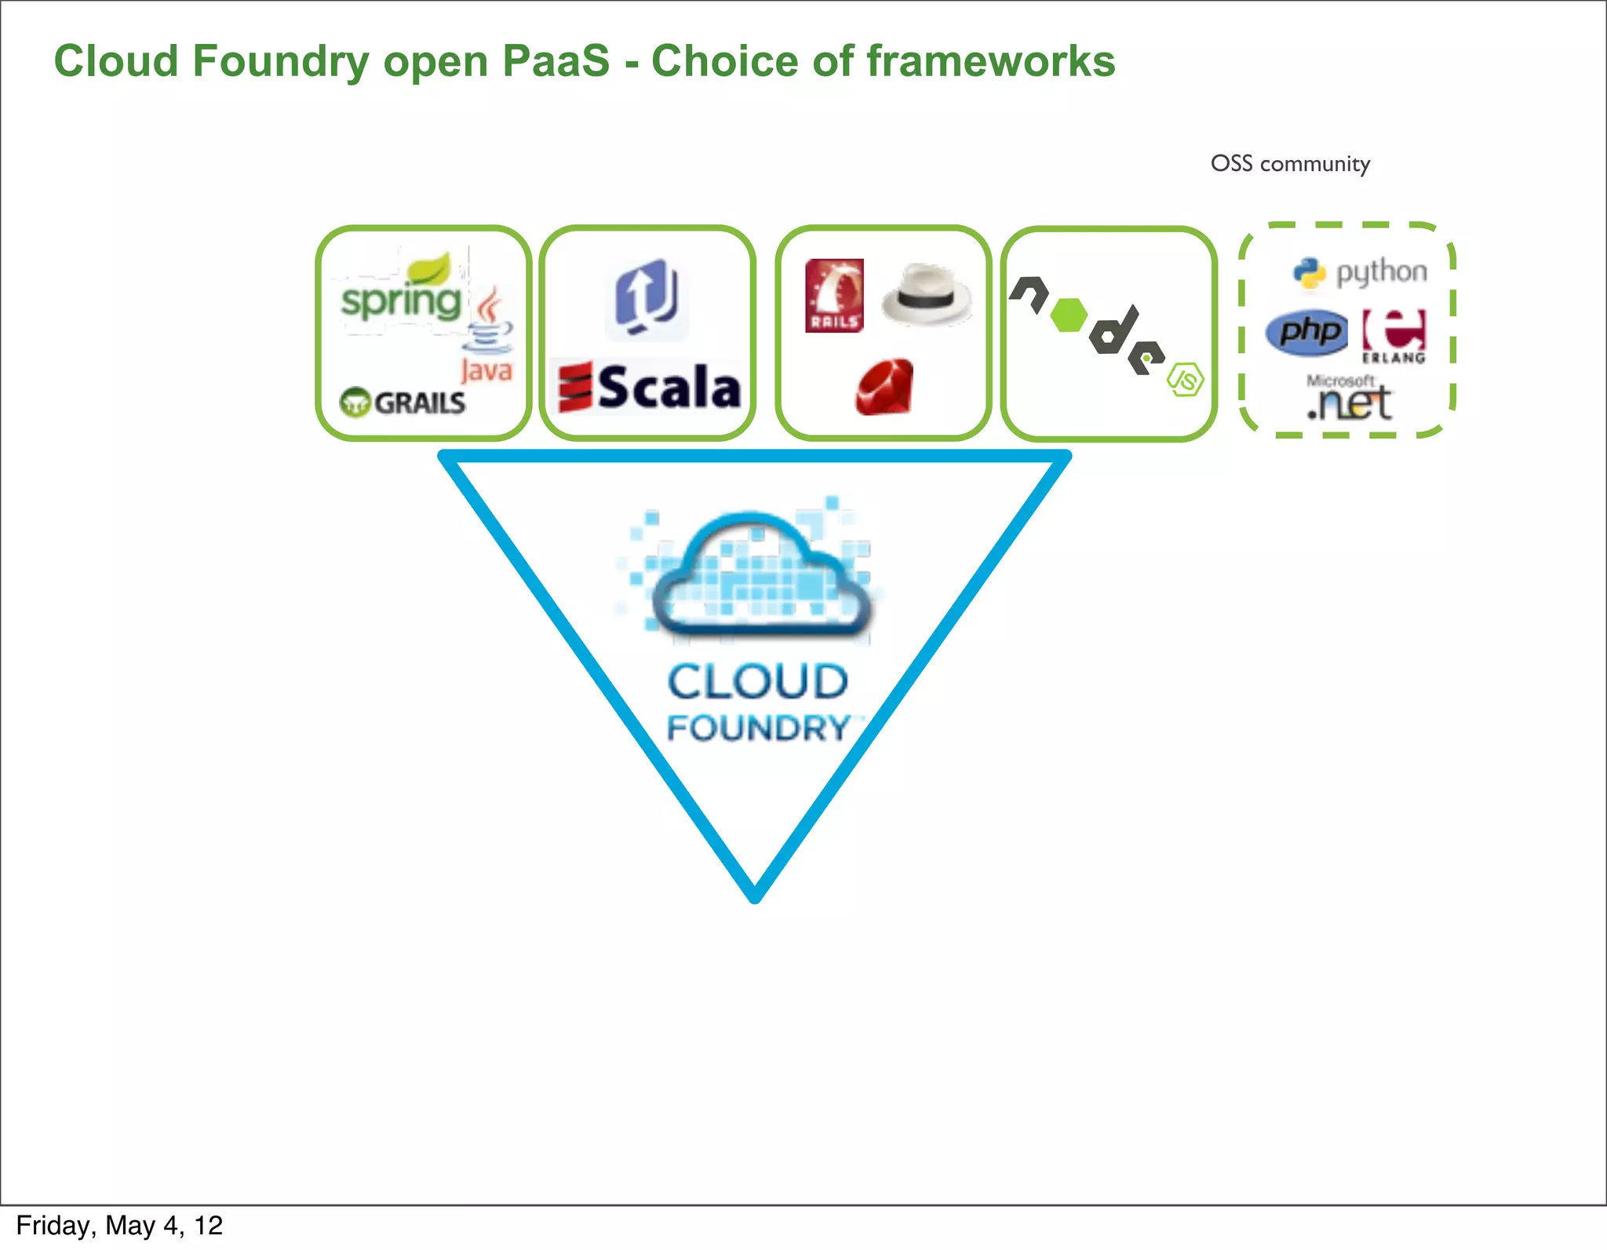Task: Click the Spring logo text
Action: tap(401, 301)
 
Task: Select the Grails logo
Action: tap(403, 403)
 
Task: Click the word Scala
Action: tap(669, 388)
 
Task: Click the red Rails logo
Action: tap(834, 296)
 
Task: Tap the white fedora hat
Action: tap(926, 295)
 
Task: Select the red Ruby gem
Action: tap(884, 387)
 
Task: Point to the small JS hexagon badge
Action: tap(1185, 380)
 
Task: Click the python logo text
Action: tap(1381, 272)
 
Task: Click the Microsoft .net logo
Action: tap(1349, 399)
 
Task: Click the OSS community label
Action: tap(1290, 164)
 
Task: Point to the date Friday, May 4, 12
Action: tap(119, 1226)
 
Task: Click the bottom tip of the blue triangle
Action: tap(755, 897)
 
